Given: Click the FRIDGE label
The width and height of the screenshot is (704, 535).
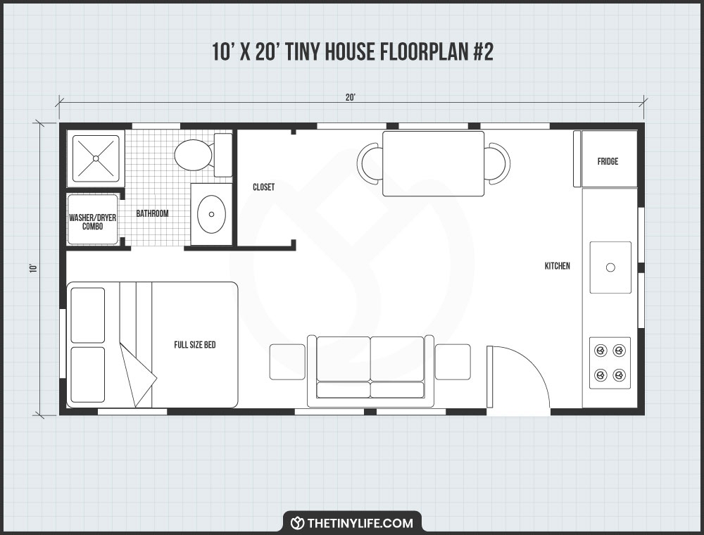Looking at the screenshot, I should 608,161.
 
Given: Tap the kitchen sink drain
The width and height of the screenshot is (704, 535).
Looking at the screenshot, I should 610,267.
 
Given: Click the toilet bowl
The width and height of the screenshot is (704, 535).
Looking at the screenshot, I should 192,155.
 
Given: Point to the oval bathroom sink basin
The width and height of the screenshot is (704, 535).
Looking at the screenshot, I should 210,215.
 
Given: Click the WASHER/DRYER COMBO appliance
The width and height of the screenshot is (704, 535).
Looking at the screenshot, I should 93,218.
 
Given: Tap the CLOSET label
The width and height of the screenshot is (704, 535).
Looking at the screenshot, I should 263,187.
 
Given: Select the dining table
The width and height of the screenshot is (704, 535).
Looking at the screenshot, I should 433,163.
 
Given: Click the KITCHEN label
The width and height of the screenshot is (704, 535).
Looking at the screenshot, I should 557,266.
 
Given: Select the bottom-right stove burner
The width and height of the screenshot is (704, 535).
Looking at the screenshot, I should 620,374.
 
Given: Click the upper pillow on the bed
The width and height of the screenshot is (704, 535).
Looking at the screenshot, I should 88,315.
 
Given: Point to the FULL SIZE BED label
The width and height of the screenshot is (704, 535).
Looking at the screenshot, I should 195,345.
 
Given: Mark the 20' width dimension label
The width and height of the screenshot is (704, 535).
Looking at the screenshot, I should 351,98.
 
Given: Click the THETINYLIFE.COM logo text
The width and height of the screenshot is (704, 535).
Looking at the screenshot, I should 360,523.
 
